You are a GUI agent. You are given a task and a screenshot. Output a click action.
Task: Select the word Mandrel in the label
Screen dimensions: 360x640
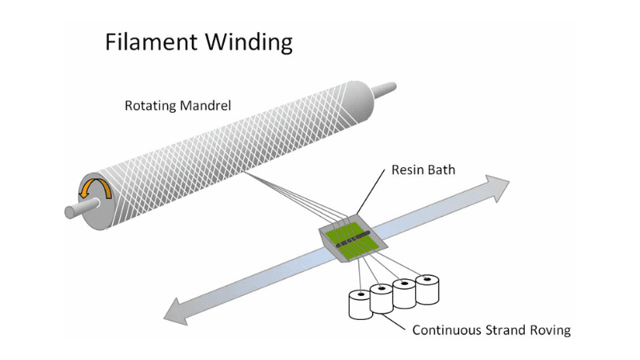click(x=206, y=106)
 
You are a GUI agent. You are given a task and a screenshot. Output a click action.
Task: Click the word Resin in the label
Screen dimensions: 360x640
click(x=408, y=170)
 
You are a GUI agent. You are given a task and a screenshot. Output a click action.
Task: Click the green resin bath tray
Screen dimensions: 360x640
click(x=353, y=241)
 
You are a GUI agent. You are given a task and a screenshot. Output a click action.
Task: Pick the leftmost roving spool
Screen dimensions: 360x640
click(x=362, y=305)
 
